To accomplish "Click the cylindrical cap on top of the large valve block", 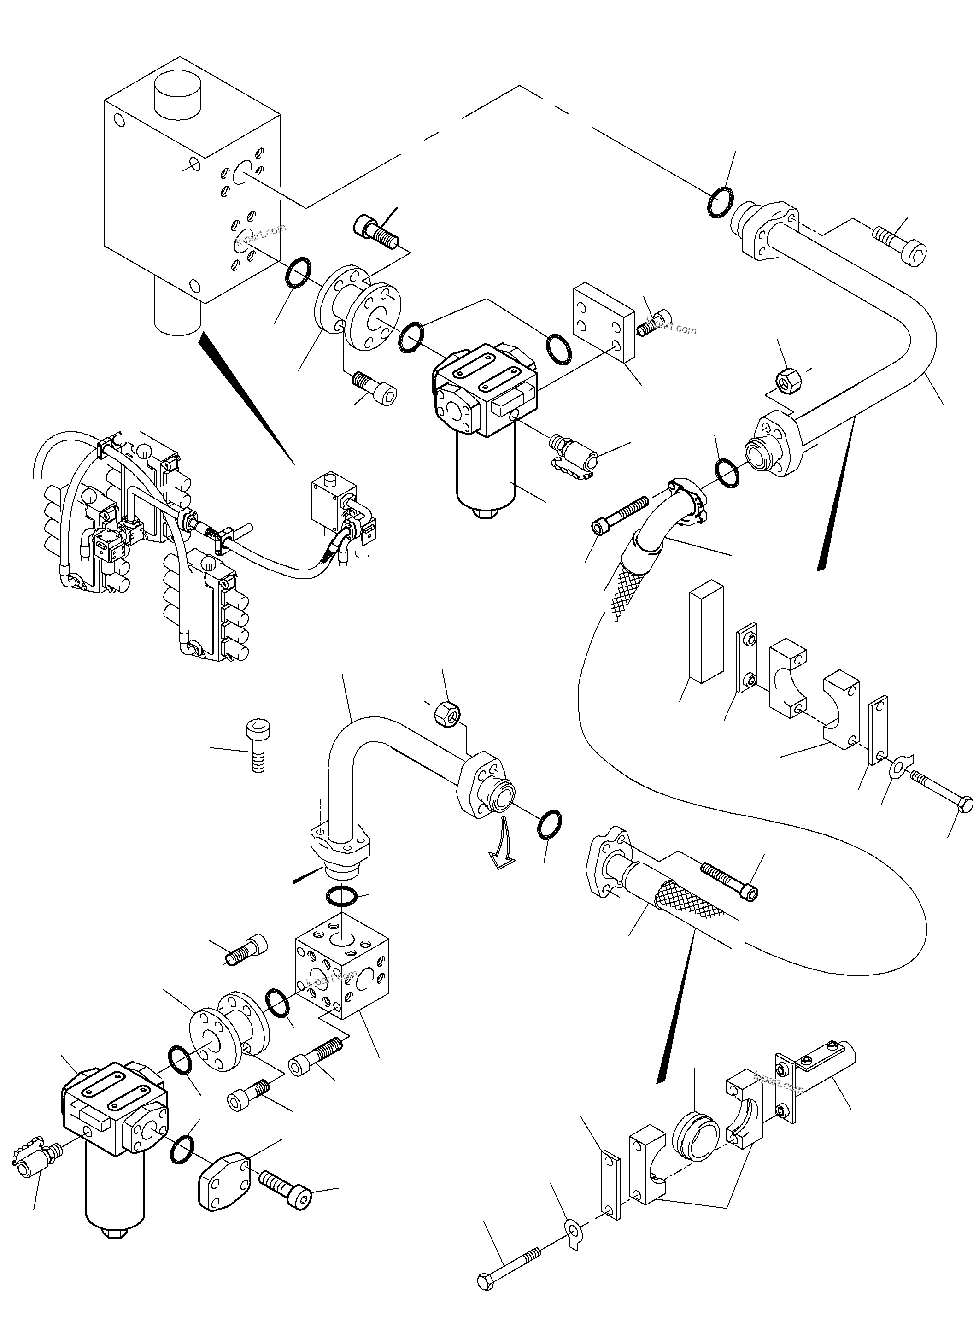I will click(x=178, y=95).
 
